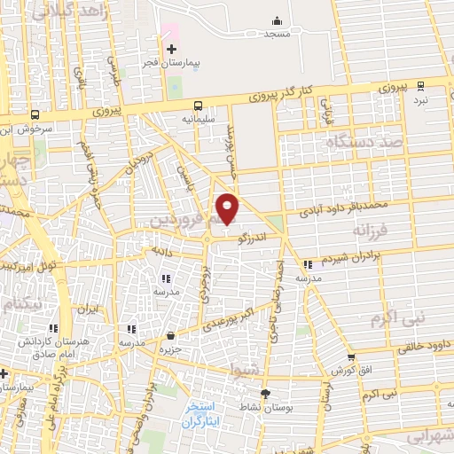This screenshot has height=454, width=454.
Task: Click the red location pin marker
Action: tap(228, 208)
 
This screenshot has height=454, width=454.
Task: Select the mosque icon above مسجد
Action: tap(278, 20)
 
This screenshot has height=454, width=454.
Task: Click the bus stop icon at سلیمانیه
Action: tap(197, 104)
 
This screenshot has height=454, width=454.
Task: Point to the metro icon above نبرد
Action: tap(420, 86)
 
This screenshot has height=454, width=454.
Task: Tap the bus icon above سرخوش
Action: tap(35, 114)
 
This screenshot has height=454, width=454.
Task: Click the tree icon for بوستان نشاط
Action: tap(263, 393)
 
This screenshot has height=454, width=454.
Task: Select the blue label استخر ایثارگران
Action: tap(206, 411)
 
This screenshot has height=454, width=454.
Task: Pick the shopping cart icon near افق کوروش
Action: tap(351, 357)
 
